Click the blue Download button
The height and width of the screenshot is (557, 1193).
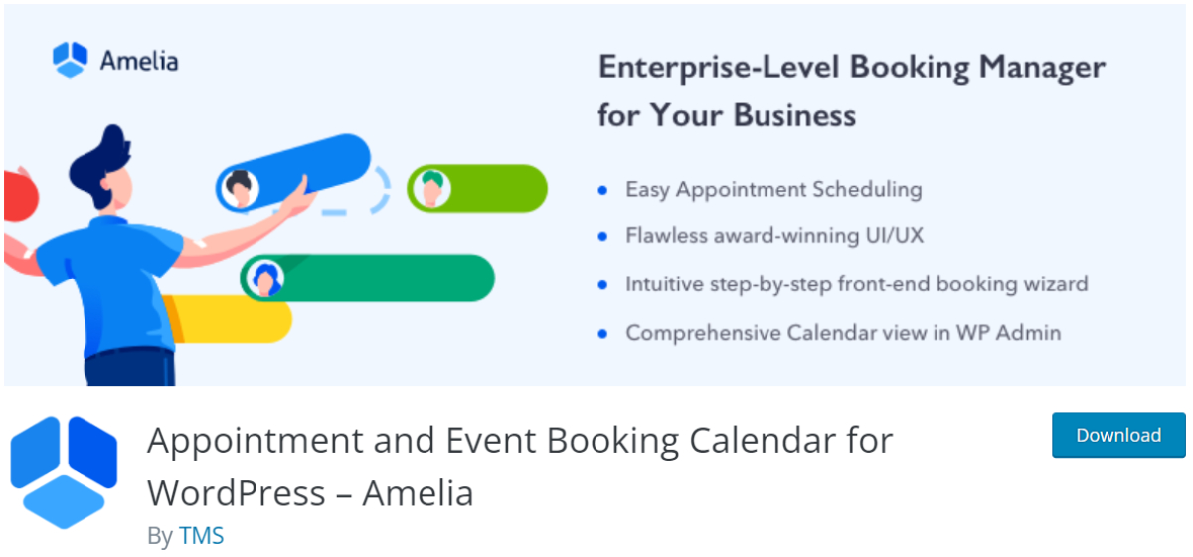click(1118, 435)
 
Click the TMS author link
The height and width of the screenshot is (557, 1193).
click(201, 535)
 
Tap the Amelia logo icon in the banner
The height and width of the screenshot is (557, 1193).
click(71, 59)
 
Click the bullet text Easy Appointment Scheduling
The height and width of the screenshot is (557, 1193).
click(773, 189)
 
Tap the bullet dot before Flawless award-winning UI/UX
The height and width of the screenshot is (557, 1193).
click(602, 237)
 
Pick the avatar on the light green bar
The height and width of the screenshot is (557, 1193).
click(429, 188)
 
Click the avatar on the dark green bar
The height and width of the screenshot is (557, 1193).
click(264, 279)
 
